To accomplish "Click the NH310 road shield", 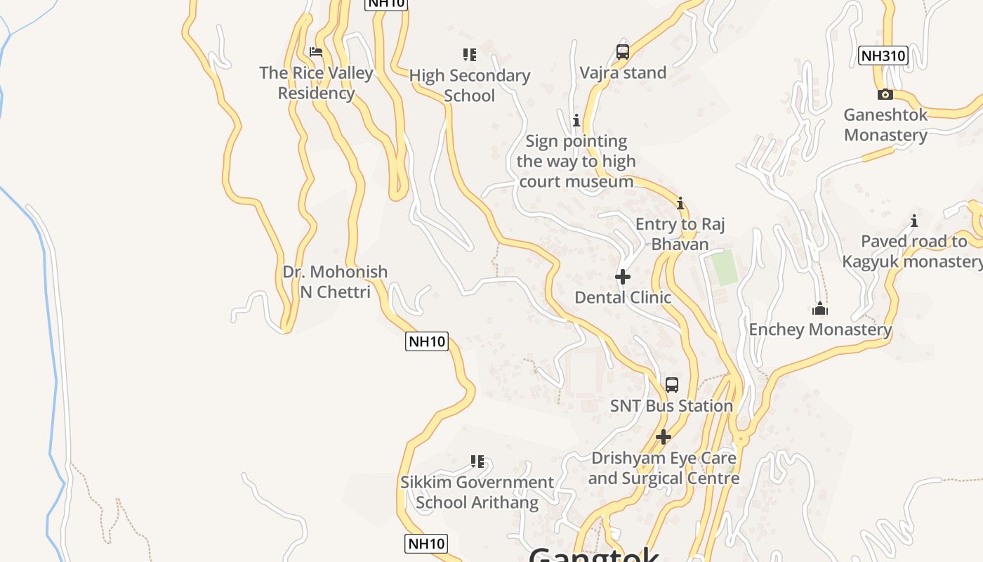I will tap(883, 55).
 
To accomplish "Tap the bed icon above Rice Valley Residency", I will tap(316, 52).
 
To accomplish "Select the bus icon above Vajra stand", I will tap(623, 51).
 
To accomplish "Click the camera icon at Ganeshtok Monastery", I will tap(885, 94).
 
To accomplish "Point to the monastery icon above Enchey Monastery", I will tap(820, 308).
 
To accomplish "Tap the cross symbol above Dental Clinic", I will tap(623, 277).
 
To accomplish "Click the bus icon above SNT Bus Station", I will tap(672, 385).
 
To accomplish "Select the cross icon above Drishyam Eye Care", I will tap(664, 437).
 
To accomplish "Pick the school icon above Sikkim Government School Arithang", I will tap(477, 462).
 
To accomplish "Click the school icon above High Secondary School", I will tap(470, 54).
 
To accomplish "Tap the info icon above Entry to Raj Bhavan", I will tap(680, 204).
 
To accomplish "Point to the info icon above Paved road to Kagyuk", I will tap(914, 221).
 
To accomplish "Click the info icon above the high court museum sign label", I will tap(576, 120).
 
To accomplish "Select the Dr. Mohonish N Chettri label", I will tap(335, 282).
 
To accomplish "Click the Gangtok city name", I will tap(594, 555).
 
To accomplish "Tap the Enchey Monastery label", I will tap(820, 329).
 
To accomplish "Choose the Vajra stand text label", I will tap(623, 72).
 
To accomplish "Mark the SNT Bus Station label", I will tap(671, 406).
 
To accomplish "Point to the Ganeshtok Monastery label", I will tap(885, 125).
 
